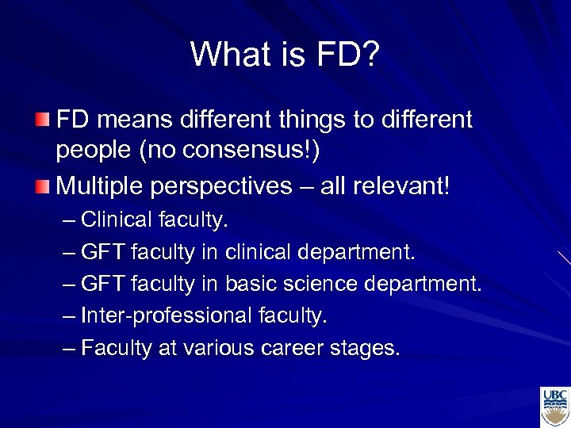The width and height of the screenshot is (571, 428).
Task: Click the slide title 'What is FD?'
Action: coord(285,54)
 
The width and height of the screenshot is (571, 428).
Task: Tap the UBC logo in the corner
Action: coord(554,407)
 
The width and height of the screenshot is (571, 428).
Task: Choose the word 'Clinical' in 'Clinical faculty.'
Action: coord(117,220)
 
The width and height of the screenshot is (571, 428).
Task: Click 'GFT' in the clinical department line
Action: coord(103,253)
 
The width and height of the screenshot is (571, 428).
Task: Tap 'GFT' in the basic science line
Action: coord(103,285)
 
